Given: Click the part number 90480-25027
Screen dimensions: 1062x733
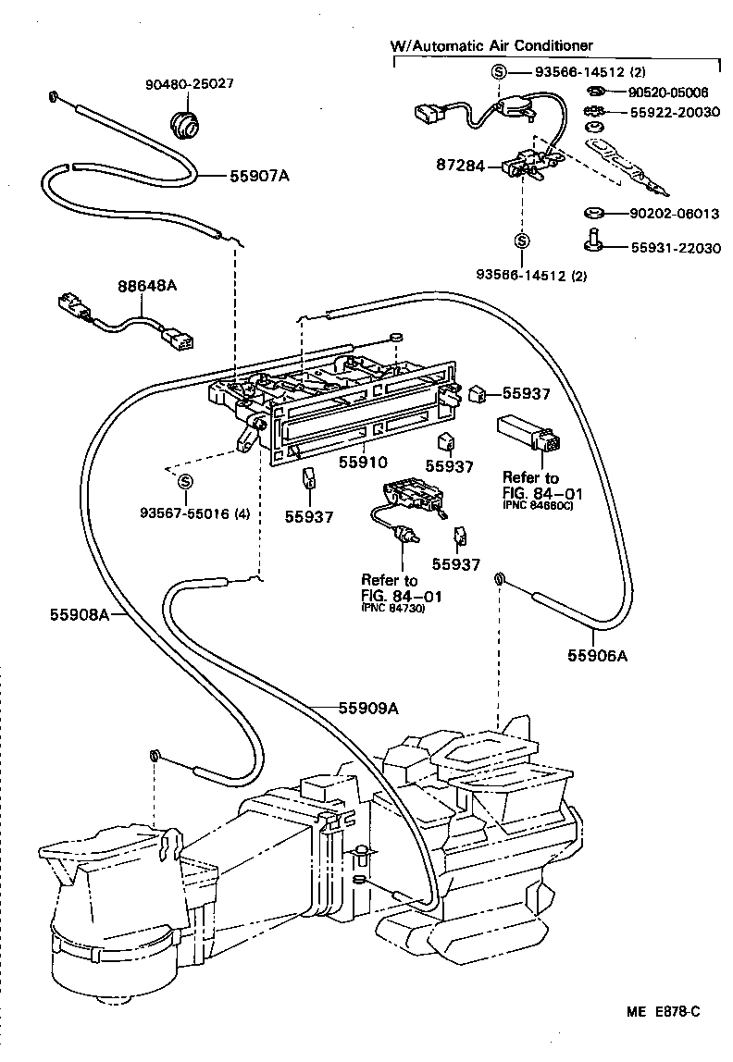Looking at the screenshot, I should (189, 83).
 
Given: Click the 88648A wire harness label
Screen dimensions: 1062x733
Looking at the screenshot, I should (146, 287).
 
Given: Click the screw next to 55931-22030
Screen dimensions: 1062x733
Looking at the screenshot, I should (593, 239).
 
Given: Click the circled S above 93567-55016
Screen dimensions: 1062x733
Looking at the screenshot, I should (184, 481).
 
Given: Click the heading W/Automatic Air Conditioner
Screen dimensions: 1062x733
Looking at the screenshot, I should (491, 44).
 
